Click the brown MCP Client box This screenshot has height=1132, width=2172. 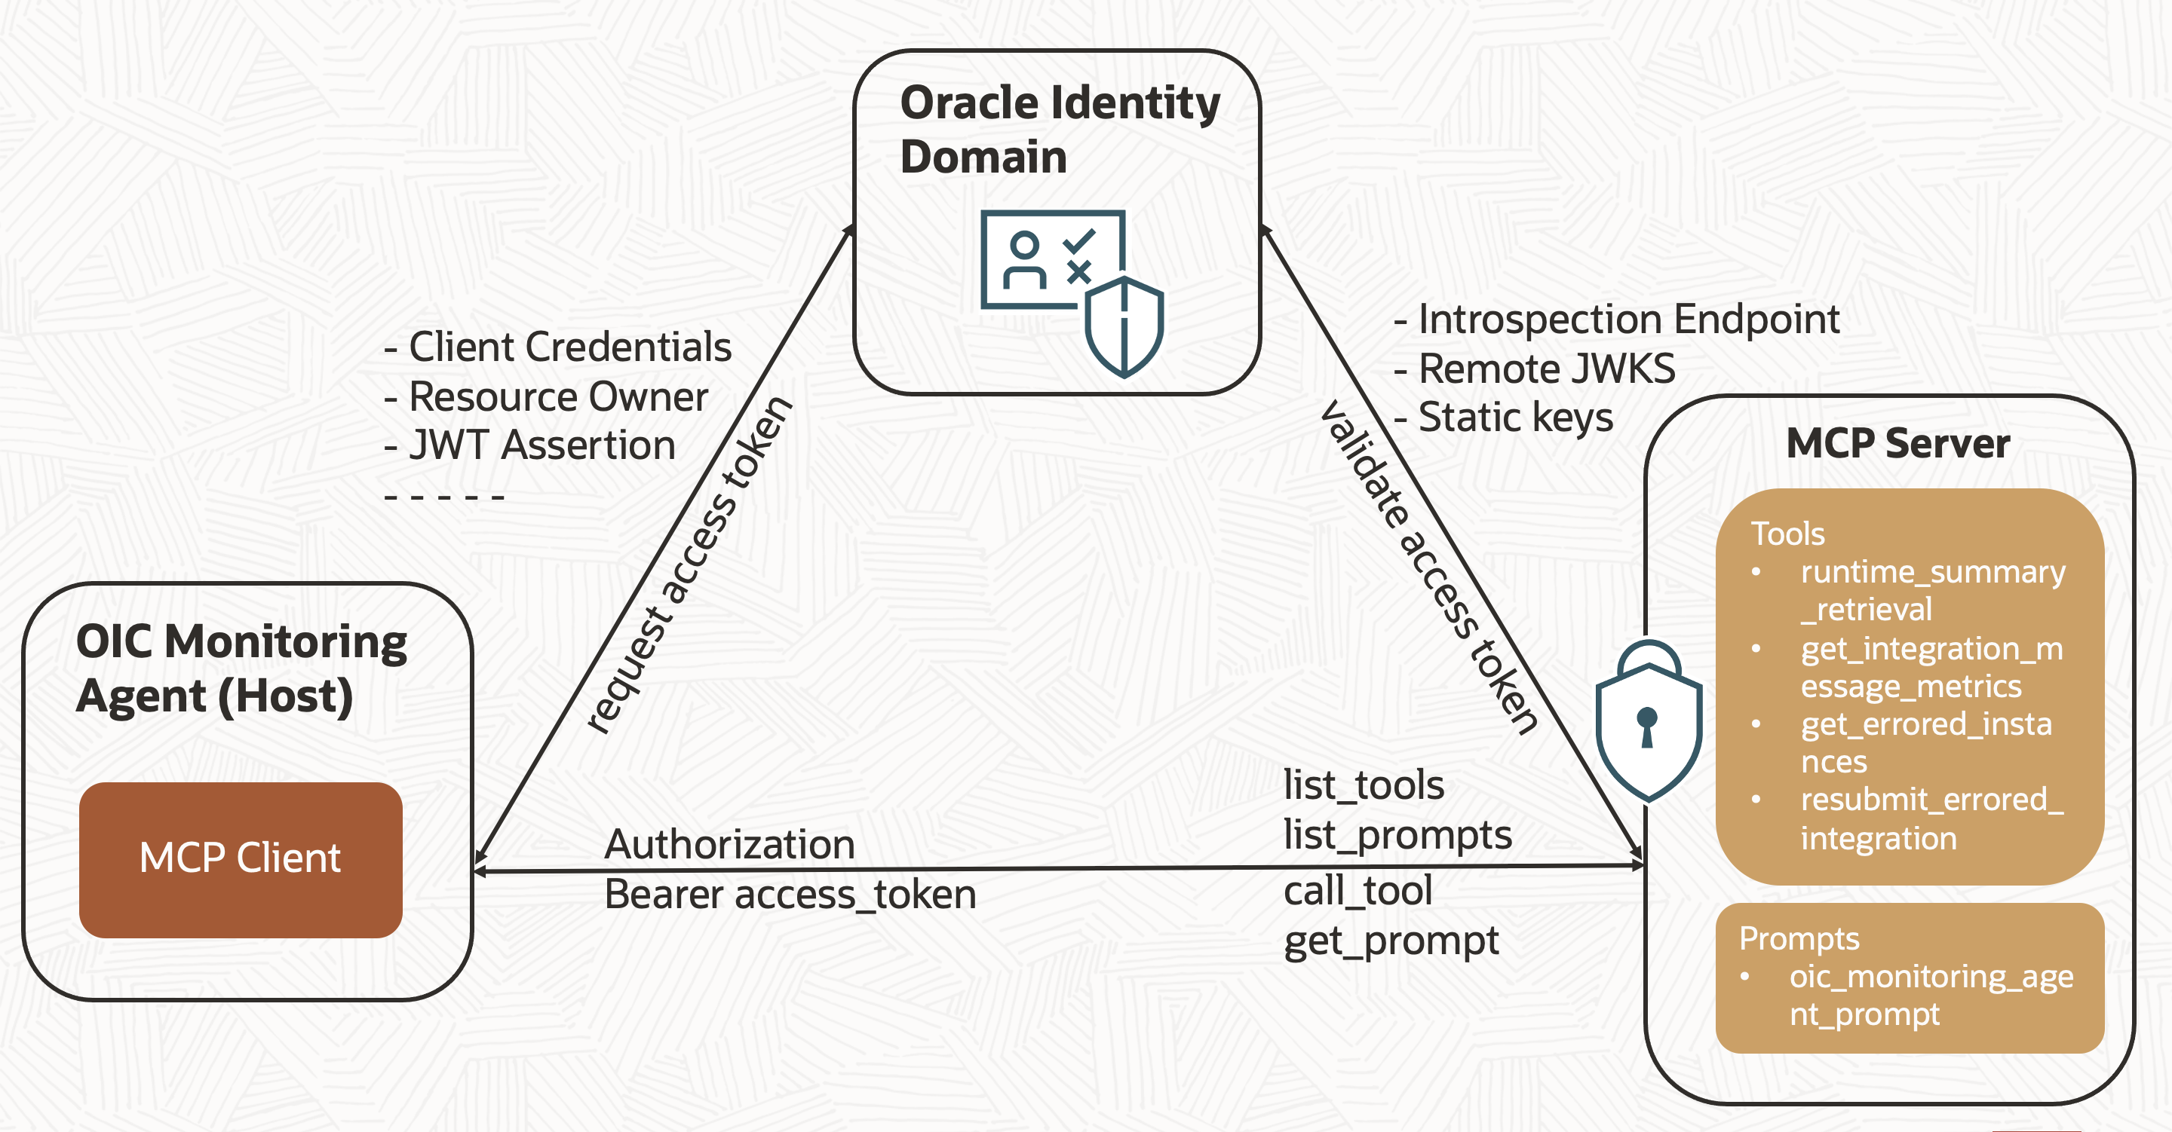(241, 859)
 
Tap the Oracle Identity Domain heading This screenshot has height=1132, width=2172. (1059, 129)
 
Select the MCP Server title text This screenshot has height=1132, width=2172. (1897, 443)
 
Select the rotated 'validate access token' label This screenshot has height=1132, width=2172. (1429, 568)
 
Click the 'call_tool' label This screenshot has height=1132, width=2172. (1357, 891)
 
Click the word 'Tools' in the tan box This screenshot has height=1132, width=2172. (1787, 534)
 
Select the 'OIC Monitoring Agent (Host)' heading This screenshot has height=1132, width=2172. (241, 668)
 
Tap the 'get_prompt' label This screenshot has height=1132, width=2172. (1391, 941)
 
